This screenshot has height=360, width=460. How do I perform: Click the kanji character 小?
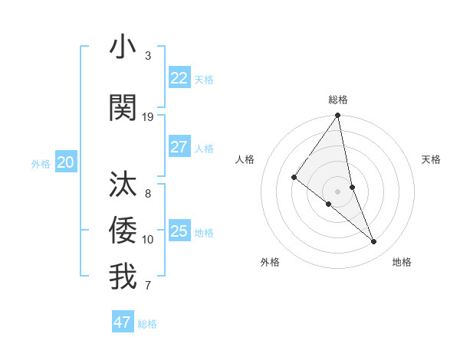coord(123,47)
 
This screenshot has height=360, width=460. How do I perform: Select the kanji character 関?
coord(123,108)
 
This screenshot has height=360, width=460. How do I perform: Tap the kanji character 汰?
coord(123,185)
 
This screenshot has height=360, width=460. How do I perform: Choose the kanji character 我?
coord(123,277)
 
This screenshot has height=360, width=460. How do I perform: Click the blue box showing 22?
coord(179,78)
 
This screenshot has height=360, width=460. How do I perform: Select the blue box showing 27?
coord(179,147)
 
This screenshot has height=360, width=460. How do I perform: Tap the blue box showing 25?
coord(179,231)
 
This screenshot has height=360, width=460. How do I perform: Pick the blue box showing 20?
coord(66,162)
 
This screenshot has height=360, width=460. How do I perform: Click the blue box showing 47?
coord(123,322)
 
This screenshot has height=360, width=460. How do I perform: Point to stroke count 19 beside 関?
coord(148,116)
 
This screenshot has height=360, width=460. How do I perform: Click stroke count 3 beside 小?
coord(148,56)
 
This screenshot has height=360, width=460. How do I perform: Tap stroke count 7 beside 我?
coord(148,286)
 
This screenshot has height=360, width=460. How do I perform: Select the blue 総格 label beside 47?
coord(147,324)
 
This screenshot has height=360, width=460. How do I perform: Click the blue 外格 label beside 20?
coord(41,163)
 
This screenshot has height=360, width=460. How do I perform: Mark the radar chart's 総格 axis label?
coord(338,100)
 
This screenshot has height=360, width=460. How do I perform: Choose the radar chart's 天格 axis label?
coord(432,159)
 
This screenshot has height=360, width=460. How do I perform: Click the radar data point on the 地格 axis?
coord(374,242)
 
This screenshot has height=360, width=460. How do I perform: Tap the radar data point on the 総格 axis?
coord(338,116)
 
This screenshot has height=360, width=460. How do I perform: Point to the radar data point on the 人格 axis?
coord(294,178)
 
